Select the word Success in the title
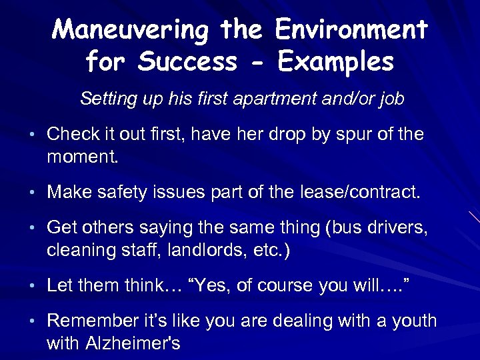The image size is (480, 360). (188, 61)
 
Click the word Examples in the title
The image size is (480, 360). (336, 61)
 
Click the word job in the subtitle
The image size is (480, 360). (391, 99)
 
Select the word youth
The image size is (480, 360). (414, 322)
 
